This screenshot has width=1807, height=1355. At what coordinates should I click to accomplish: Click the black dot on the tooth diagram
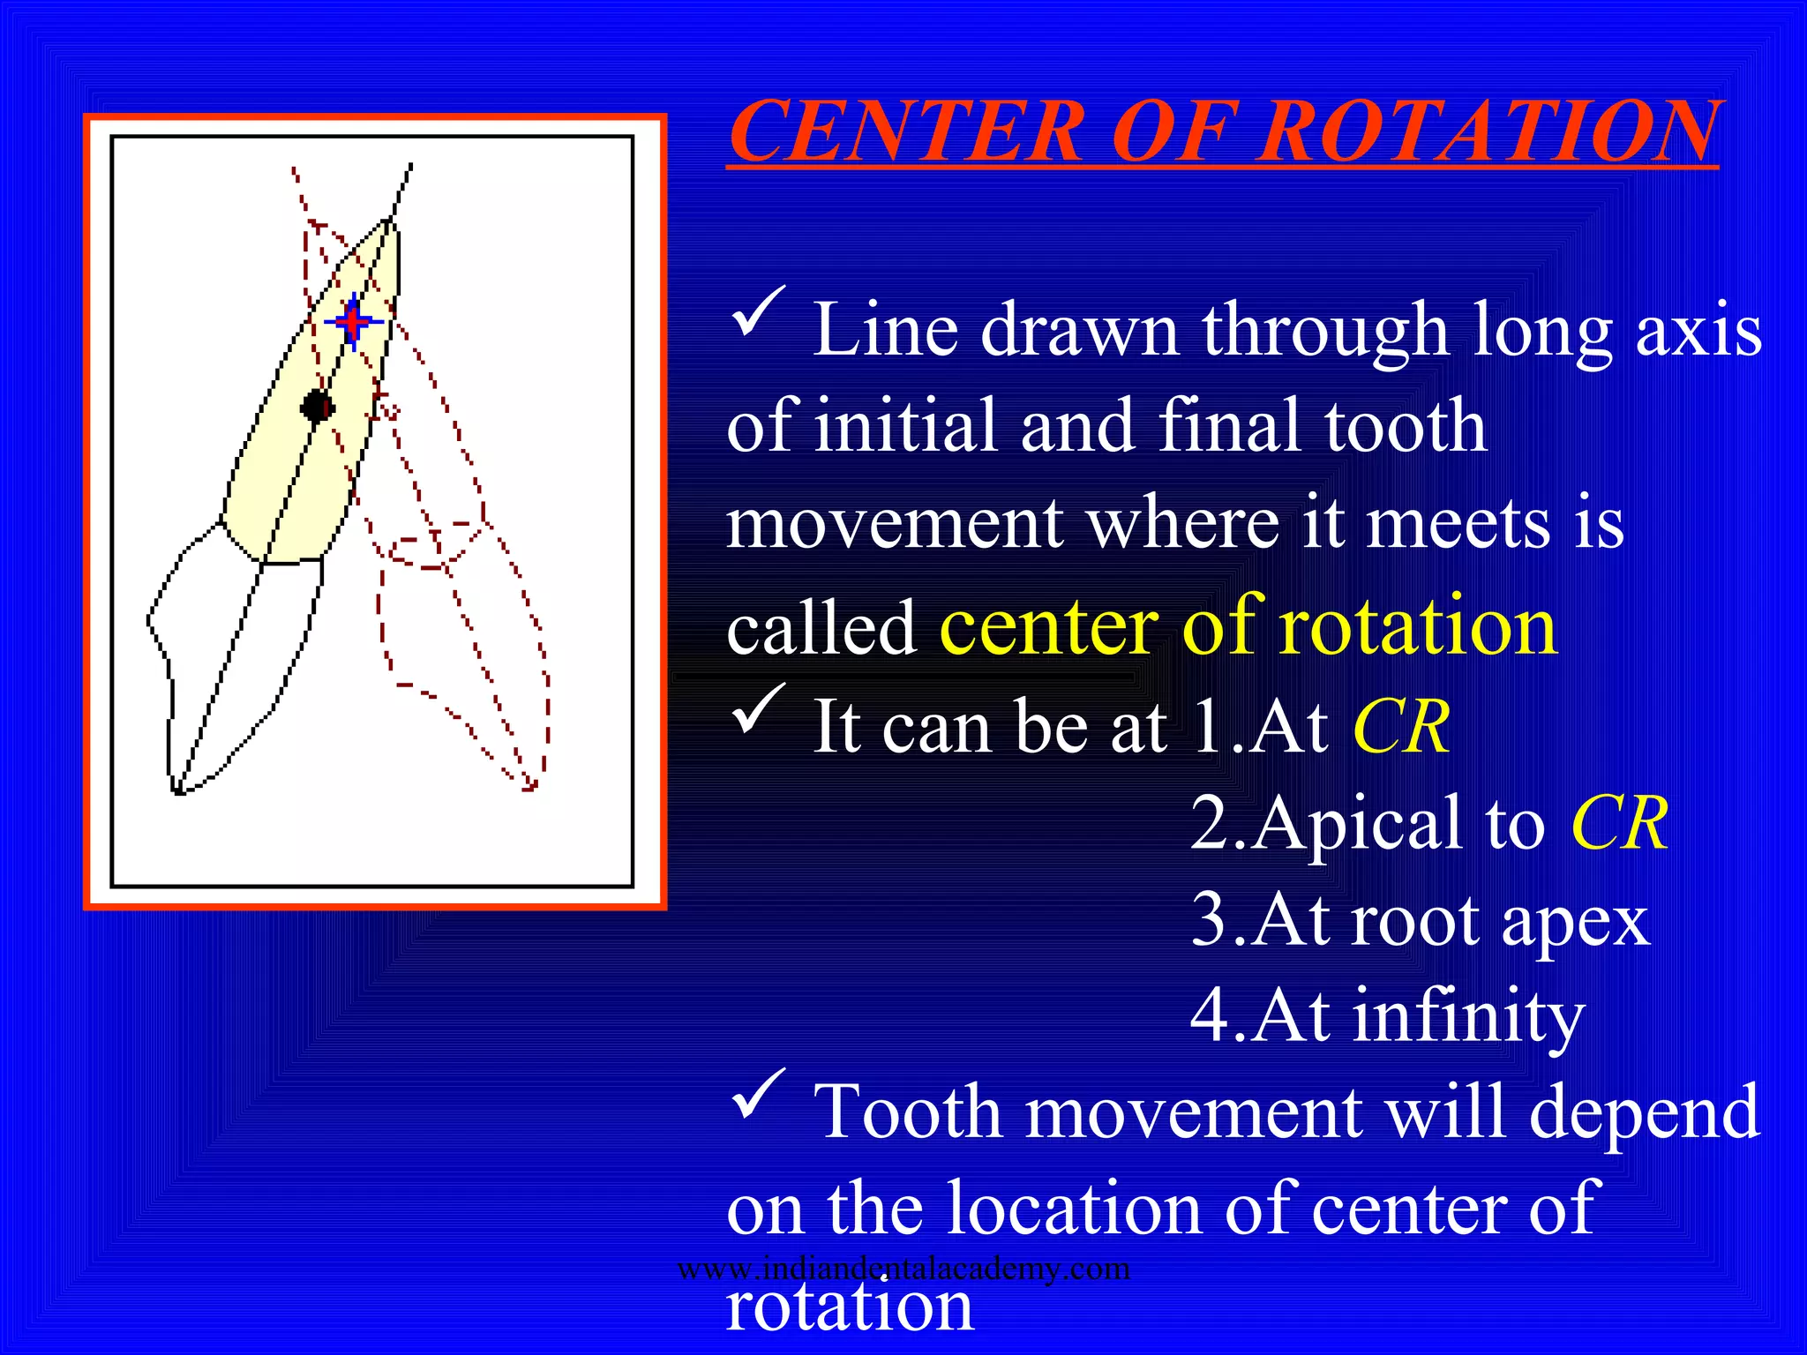(318, 407)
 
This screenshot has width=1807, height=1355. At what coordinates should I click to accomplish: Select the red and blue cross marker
(354, 322)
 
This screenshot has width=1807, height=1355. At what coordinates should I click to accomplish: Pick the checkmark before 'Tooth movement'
(757, 1093)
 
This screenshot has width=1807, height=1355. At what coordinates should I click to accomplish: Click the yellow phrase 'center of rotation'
(1248, 626)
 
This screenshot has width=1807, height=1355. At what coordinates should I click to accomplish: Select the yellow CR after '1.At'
(1400, 727)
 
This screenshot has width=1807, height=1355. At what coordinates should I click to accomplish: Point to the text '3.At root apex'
(1419, 921)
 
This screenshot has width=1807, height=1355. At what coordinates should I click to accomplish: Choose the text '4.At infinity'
(1387, 1016)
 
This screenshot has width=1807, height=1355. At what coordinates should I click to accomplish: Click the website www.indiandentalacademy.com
(903, 1269)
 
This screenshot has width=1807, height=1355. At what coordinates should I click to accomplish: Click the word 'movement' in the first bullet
(893, 524)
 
